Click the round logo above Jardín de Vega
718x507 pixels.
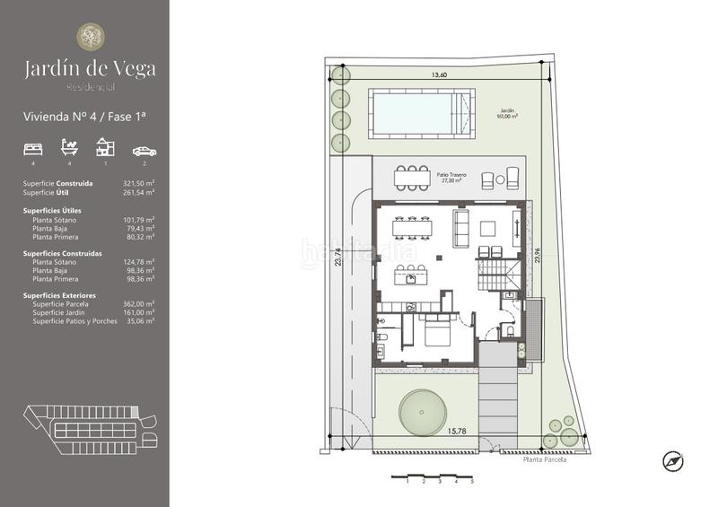pos(89,37)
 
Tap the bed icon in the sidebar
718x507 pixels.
pos(33,148)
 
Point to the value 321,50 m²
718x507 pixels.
pos(137,183)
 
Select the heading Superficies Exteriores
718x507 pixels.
pos(59,295)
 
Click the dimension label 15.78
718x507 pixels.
pos(457,431)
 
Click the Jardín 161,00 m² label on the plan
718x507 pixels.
pos(510,114)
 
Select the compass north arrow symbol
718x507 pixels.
pos(673,461)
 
